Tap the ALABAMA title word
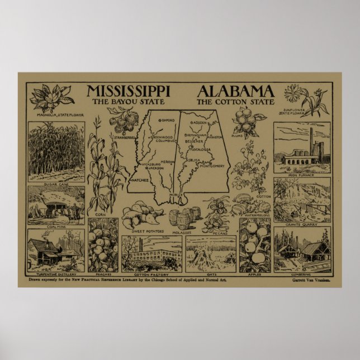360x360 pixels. (x=235, y=92)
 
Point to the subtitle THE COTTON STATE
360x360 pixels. (x=235, y=102)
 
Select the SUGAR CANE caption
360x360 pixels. (x=55, y=183)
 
